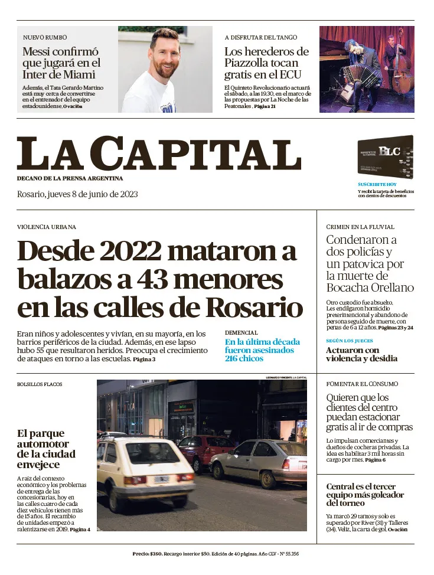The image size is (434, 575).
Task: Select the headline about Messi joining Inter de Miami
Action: [x=61, y=63]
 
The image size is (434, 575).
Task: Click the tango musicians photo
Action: [x=366, y=69]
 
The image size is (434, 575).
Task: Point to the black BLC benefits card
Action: [x=385, y=156]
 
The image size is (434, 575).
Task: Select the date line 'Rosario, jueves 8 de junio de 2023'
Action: [x=77, y=194]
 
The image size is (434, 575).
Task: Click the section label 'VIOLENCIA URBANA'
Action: [x=47, y=227]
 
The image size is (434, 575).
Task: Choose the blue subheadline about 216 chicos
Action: [x=262, y=350]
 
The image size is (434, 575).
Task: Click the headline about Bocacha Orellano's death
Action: [x=370, y=264]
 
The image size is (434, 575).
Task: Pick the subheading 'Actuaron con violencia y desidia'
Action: [x=361, y=354]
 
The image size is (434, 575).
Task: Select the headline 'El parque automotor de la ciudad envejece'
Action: [x=46, y=449]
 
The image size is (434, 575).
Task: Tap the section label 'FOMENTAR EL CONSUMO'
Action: [x=362, y=384]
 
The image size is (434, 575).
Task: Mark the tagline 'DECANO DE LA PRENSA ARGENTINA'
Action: [x=70, y=178]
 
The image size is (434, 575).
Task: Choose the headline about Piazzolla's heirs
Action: [x=266, y=63]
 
